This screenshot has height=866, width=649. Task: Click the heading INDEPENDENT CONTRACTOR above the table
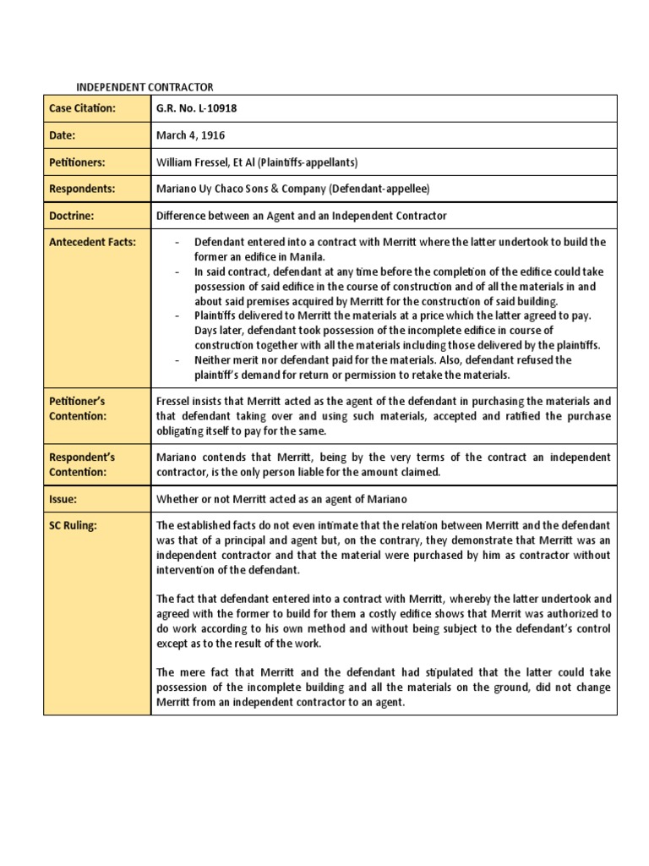(x=145, y=87)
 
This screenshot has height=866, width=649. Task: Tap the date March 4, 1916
(x=190, y=135)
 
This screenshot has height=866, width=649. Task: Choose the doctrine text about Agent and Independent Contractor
(x=302, y=216)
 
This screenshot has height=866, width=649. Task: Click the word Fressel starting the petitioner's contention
(x=174, y=401)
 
